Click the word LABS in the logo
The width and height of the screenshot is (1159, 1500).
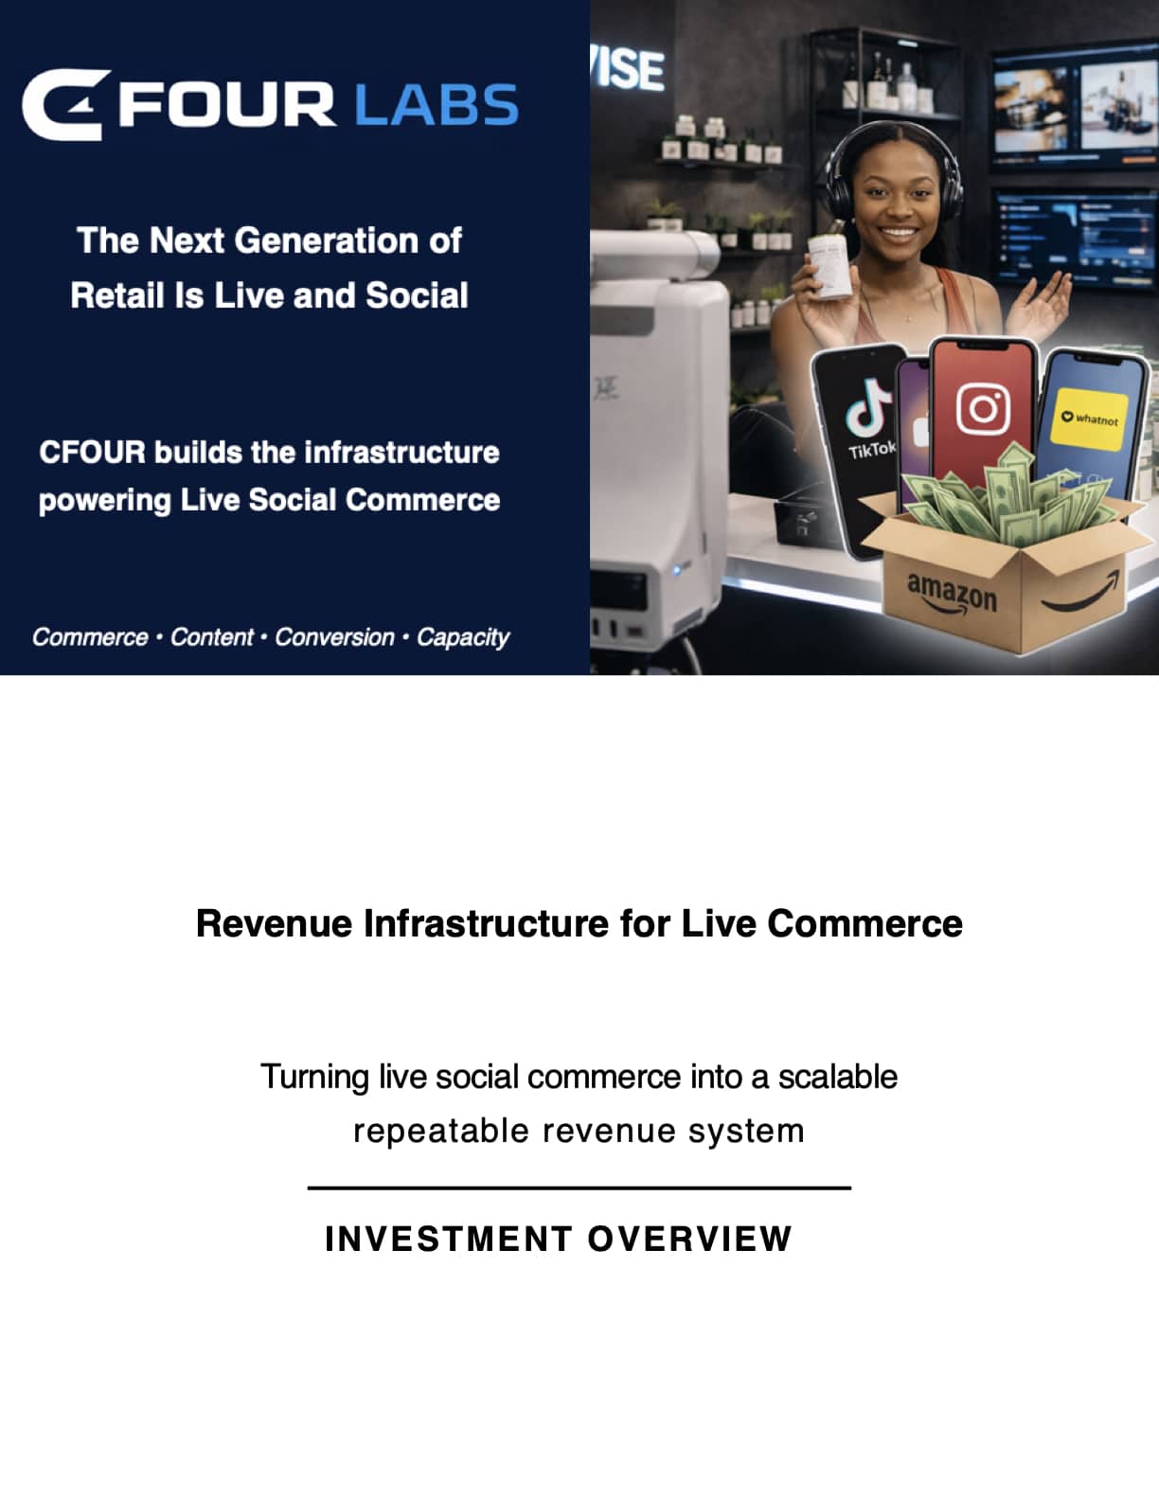coord(436,105)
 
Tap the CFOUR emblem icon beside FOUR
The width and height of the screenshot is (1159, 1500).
coord(65,104)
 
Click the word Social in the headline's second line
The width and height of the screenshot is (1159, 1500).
coord(417,295)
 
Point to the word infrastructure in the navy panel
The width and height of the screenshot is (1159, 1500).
coord(401,453)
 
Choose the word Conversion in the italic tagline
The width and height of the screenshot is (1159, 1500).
coord(334,636)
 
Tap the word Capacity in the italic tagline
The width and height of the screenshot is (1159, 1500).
coord(462,637)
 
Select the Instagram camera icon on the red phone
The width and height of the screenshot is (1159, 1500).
coord(983,409)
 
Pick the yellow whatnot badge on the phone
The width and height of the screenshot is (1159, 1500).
coord(1089,420)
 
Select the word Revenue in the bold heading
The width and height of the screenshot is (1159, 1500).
coord(274,923)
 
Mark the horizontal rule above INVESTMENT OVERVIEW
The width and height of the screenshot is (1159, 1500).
coord(579,1188)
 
